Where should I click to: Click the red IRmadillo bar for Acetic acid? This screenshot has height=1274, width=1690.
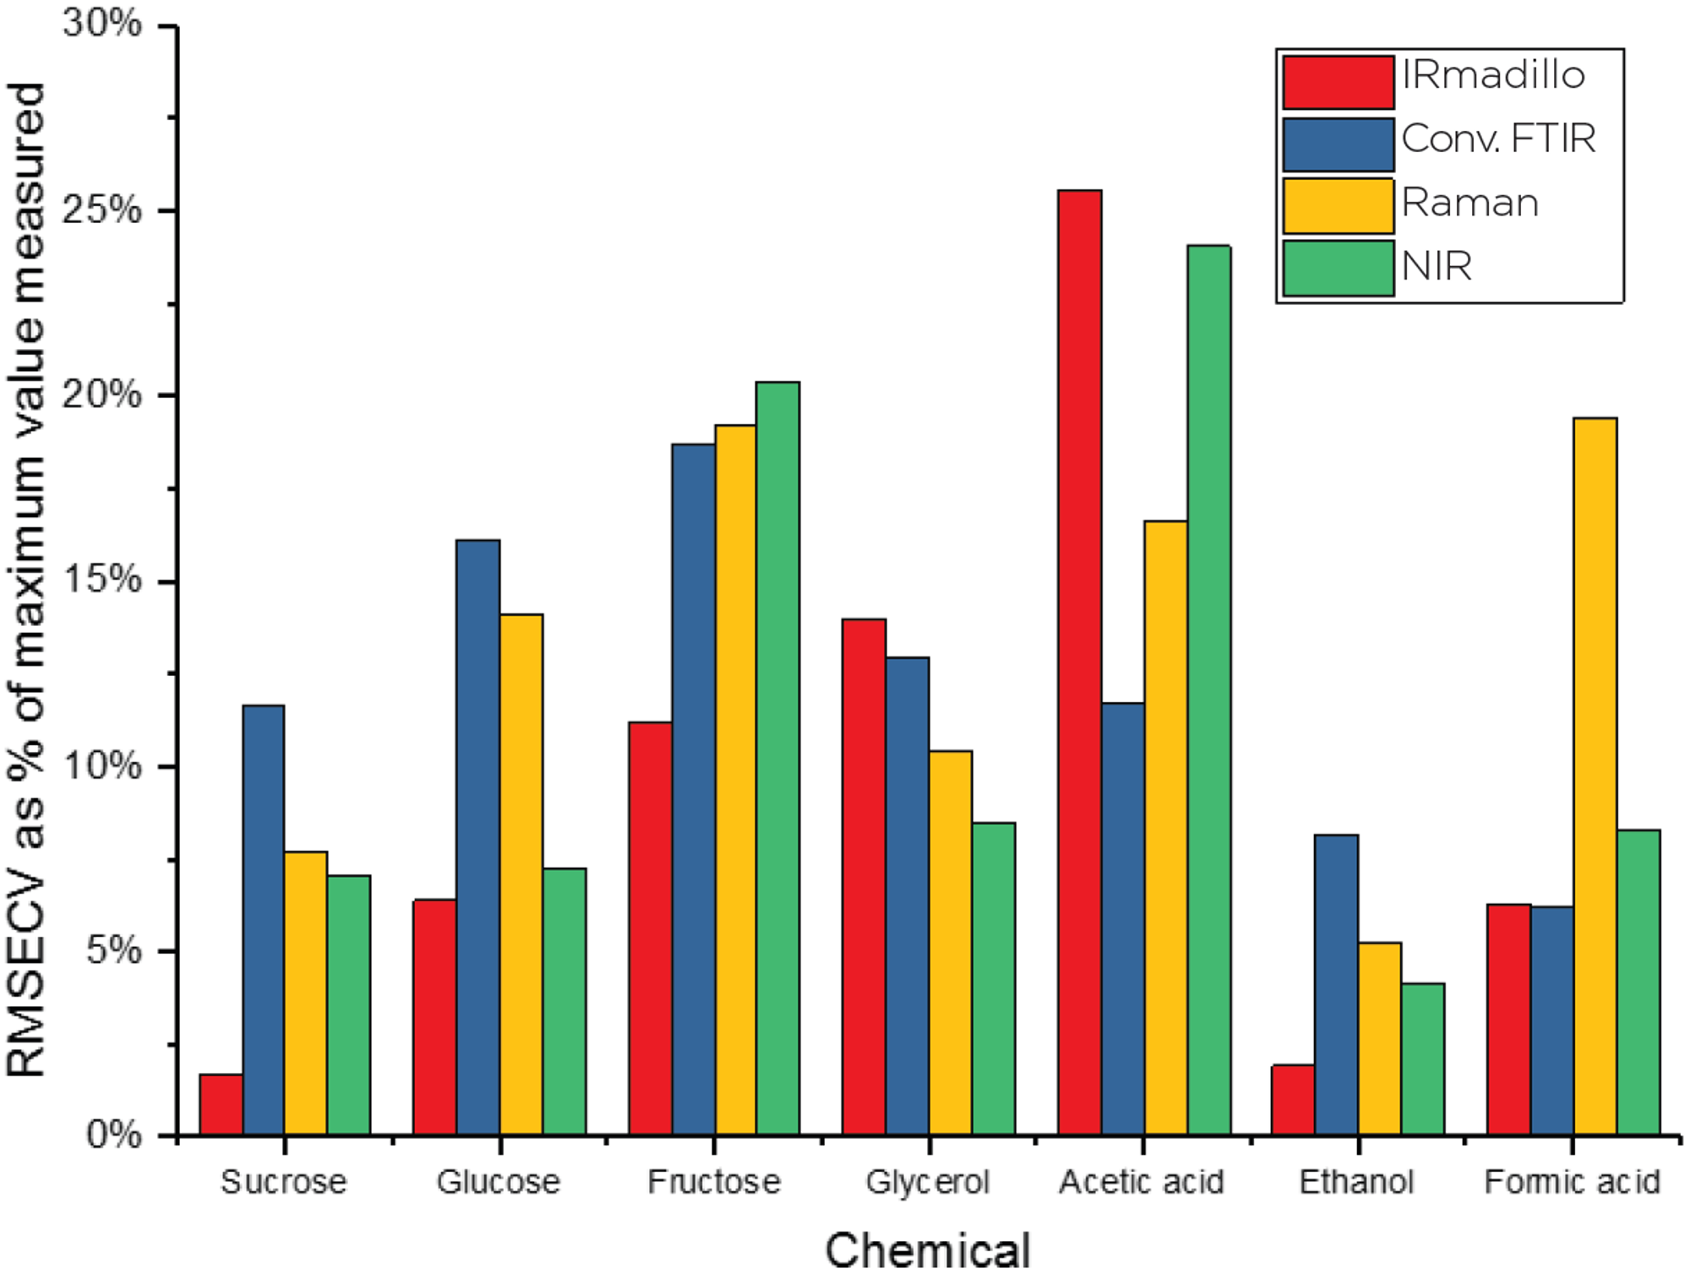click(1079, 663)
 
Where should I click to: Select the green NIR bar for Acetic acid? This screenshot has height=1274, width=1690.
click(1208, 690)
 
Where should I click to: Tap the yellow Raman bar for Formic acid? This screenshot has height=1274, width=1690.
click(1595, 776)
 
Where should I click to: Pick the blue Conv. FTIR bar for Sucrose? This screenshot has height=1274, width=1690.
click(264, 920)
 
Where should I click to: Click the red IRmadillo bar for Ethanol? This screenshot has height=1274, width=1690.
click(1294, 1100)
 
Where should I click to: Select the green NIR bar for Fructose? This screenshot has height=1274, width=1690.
click(777, 759)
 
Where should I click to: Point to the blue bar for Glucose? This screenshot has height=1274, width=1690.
click(477, 837)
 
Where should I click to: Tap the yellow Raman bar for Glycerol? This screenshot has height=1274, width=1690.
click(950, 943)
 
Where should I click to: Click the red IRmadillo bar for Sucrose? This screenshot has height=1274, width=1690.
click(221, 1104)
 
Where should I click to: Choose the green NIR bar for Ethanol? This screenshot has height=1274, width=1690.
click(1422, 1059)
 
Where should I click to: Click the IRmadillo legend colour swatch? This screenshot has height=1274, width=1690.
click(1338, 83)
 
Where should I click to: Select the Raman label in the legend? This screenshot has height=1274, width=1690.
click(1469, 204)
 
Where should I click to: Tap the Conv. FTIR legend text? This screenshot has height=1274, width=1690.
click(1498, 139)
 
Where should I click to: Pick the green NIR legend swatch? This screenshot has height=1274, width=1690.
click(1338, 269)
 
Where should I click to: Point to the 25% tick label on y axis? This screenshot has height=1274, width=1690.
click(102, 210)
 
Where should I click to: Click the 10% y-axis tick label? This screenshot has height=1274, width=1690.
click(102, 765)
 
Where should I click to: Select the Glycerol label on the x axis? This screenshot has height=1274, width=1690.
click(928, 1181)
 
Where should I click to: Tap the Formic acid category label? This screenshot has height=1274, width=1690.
click(1572, 1181)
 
